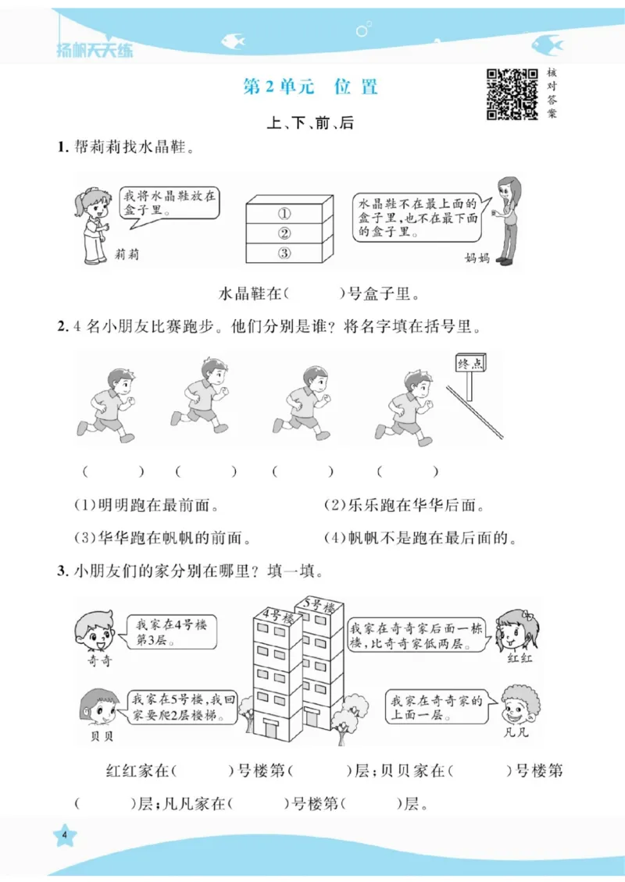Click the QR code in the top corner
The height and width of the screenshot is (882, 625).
click(x=512, y=94)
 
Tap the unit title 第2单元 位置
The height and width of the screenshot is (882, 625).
click(x=311, y=87)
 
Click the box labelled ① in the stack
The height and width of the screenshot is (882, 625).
click(x=284, y=213)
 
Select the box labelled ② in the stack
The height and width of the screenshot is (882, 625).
click(x=284, y=233)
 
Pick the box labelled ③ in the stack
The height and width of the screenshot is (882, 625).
click(x=284, y=252)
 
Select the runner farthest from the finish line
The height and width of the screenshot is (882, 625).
click(x=109, y=407)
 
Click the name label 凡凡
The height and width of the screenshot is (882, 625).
click(x=519, y=734)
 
